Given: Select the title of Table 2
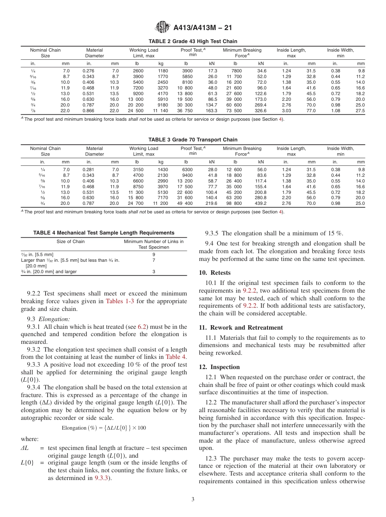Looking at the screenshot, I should coord(193,41).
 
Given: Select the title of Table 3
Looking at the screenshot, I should coord(193,140).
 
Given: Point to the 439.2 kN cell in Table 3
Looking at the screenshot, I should coord(260,203).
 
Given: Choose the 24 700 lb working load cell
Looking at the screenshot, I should coord(136,203).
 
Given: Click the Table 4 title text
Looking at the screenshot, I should coord(104,233).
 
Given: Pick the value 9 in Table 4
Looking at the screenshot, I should coord(154,254).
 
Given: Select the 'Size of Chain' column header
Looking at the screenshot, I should coord(71,241).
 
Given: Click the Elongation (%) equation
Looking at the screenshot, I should coord(104,428).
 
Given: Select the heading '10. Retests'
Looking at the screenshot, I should coord(215,273).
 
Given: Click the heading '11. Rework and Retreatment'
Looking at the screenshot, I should coord(241,328).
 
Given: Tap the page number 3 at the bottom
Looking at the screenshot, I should coord(193,500).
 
